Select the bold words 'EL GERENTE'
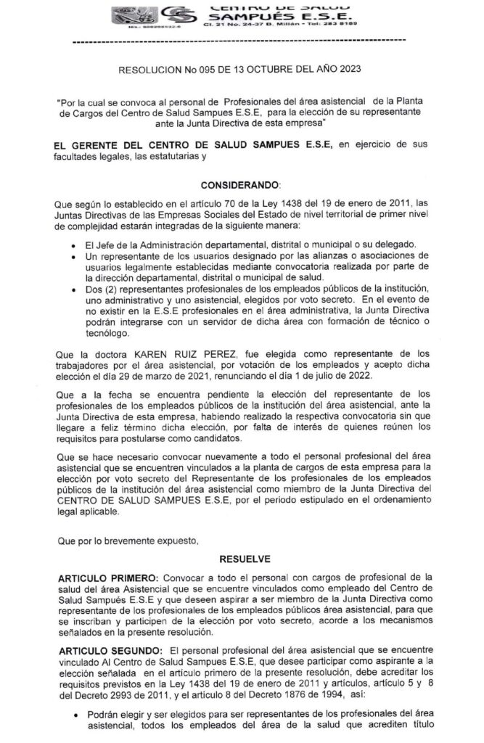[x=85, y=146]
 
